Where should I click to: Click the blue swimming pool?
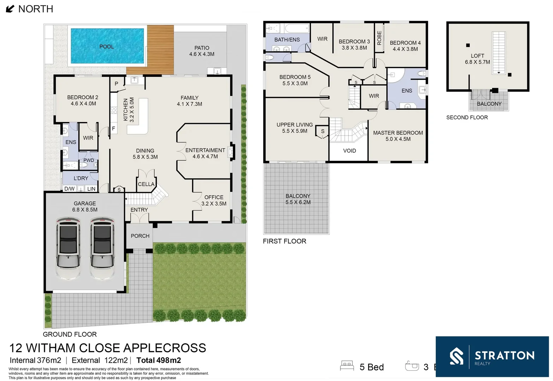[x=107, y=46]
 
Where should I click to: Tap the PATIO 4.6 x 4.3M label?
[x=202, y=51]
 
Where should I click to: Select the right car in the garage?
[x=102, y=248]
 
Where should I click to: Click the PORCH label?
[x=140, y=236]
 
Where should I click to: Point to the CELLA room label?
[x=146, y=184]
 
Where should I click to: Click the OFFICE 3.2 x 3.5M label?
[x=214, y=200]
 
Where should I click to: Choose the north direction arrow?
[x=10, y=9]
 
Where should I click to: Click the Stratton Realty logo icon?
[x=456, y=356]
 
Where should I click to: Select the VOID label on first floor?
[x=349, y=151]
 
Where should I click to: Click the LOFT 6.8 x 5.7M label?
[x=477, y=59]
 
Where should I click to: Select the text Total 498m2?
[x=159, y=360]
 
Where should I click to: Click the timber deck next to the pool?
[x=161, y=50]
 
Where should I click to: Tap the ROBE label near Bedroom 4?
[x=379, y=38]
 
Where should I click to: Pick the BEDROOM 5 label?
[x=295, y=80]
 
